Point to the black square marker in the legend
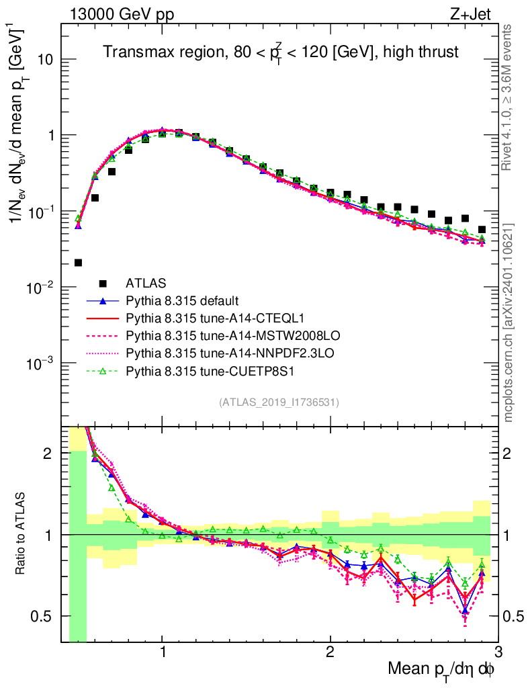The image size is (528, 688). coord(103,283)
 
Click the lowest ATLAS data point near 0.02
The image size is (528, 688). coord(79,263)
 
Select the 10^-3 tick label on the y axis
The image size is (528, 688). coord(42,363)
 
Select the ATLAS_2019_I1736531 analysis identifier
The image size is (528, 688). coord(279,402)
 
